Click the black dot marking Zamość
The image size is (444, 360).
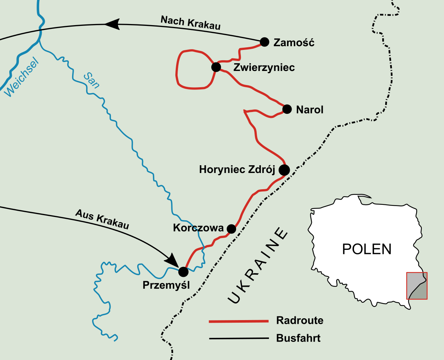[x=264, y=42]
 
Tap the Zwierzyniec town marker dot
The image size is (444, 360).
[x=216, y=67]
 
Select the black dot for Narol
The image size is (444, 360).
[x=287, y=109]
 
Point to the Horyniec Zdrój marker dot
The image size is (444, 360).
[x=284, y=170]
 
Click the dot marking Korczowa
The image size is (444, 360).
[x=231, y=229]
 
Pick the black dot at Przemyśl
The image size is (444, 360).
[x=183, y=272]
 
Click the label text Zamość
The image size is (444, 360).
[x=294, y=43]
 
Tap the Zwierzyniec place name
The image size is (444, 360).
[x=264, y=68]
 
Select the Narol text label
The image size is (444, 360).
[x=310, y=110]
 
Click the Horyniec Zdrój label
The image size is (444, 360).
[x=237, y=170]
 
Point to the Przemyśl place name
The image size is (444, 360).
[x=166, y=285]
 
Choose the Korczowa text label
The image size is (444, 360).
[x=198, y=228]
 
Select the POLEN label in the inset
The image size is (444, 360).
[x=367, y=249]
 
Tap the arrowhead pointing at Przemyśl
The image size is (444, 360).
[x=172, y=259]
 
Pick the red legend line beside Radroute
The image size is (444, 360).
[x=239, y=321]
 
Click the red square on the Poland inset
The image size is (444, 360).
[x=417, y=286]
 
